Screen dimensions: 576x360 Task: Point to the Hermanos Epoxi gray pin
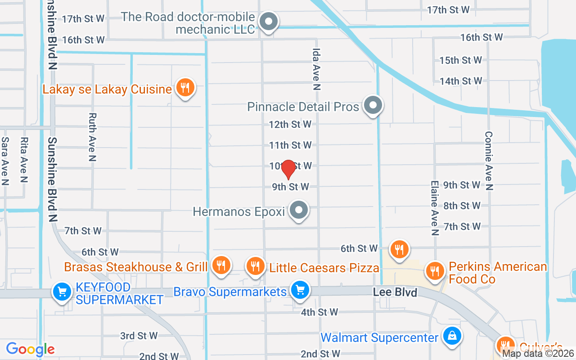coord(298,210)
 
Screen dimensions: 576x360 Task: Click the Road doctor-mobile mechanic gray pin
coord(269,21)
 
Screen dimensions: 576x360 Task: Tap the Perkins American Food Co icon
coord(435,271)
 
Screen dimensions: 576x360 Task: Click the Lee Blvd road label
coord(395,292)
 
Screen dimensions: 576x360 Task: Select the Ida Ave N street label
coord(316,69)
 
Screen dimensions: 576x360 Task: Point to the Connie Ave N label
coord(489,161)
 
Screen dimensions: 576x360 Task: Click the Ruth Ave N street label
coord(92,137)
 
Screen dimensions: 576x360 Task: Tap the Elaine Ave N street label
coord(434,208)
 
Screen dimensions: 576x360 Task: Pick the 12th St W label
coord(290,124)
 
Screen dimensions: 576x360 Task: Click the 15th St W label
coord(460,60)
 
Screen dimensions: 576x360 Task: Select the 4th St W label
coord(319,312)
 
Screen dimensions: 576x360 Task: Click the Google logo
coord(30,349)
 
